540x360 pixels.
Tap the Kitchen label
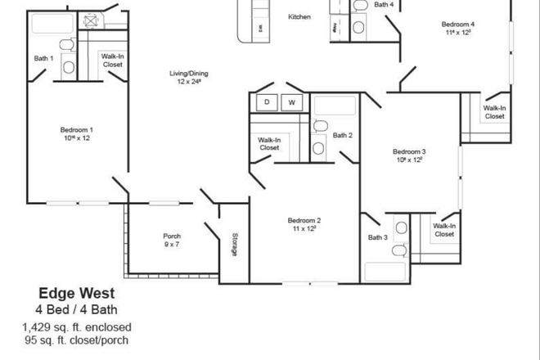(299, 16)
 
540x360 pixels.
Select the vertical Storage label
(234, 245)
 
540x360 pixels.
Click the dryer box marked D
(266, 102)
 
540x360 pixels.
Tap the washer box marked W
(292, 102)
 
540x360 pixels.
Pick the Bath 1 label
(43, 58)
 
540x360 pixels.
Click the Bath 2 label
(342, 135)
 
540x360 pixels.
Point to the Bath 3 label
(377, 237)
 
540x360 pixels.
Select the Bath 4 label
(384, 5)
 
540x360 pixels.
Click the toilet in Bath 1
(70, 66)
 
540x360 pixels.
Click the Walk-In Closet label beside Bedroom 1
(112, 60)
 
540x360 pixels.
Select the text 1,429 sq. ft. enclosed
(77, 326)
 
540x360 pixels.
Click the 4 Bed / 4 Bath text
(77, 309)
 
